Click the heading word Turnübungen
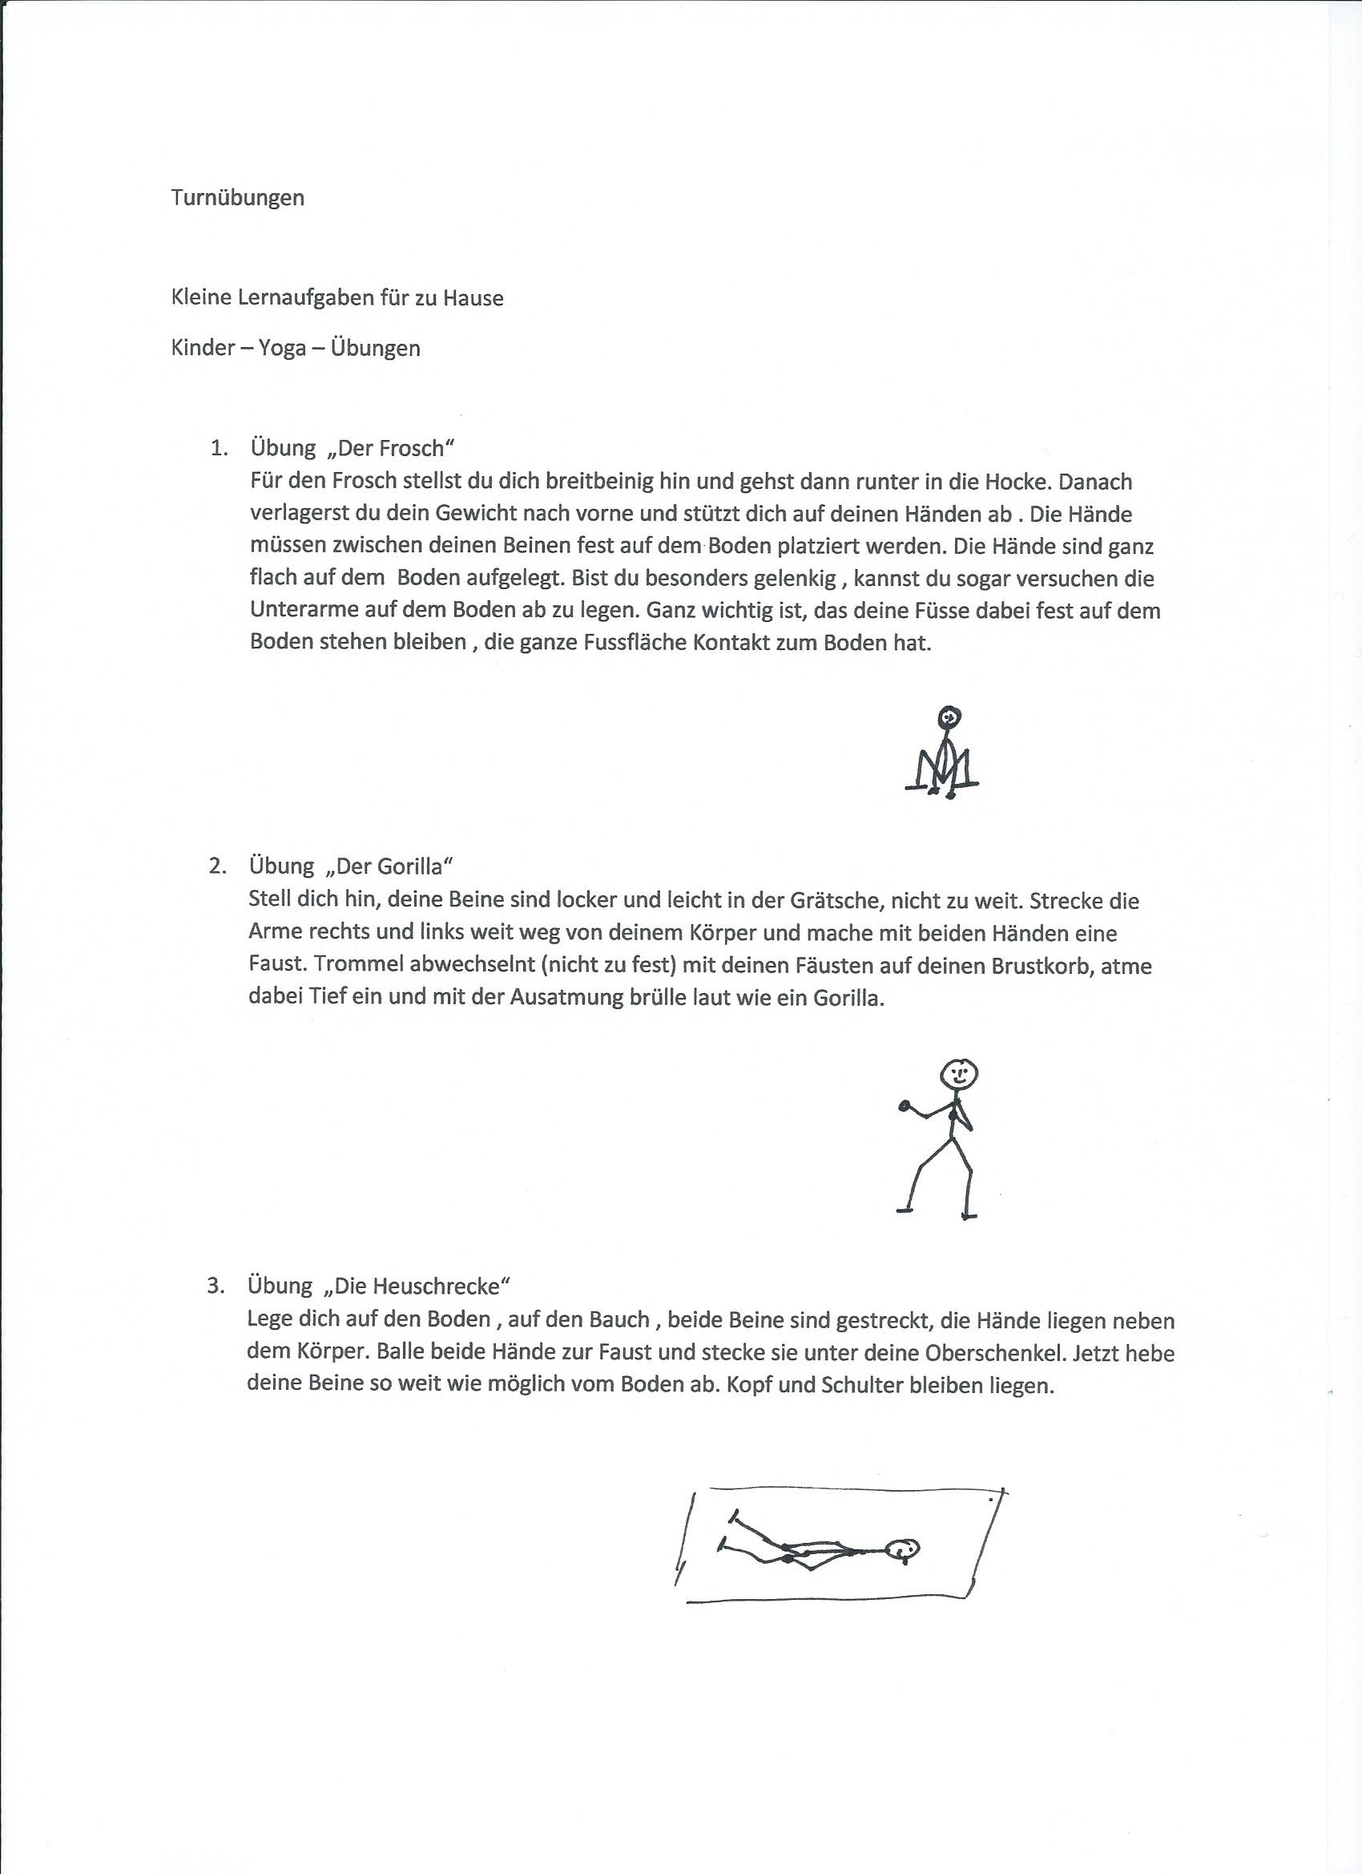click(x=238, y=198)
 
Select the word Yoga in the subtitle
click(x=283, y=348)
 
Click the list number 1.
click(x=218, y=449)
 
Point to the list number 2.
click(x=217, y=866)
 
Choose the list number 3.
click(x=216, y=1286)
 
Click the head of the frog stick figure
click(x=951, y=716)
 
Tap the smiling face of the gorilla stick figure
click(x=960, y=1074)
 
